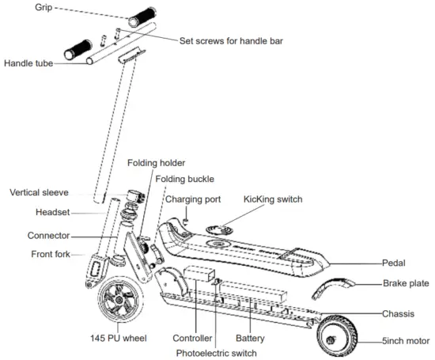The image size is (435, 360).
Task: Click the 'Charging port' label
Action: point(192,199)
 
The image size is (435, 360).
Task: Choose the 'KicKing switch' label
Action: point(274,200)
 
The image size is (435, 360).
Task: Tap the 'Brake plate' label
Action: point(407,282)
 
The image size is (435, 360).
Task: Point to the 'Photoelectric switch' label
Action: point(217,352)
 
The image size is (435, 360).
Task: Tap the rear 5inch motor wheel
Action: point(339,335)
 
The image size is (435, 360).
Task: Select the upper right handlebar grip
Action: point(143,17)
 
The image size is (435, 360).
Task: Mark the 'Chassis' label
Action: point(399,313)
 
